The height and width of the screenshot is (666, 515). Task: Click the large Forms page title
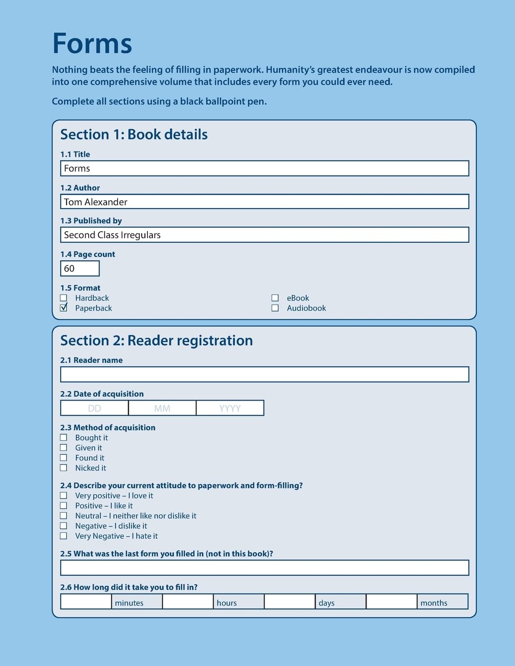click(92, 44)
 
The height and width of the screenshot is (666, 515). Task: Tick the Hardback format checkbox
click(64, 298)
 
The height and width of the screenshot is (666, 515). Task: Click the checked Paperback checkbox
click(64, 308)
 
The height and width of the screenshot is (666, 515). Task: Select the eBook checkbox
click(275, 298)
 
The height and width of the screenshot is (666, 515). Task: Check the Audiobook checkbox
click(275, 308)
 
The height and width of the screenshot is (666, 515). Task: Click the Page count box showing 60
click(80, 268)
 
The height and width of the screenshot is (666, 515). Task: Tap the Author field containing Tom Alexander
click(265, 202)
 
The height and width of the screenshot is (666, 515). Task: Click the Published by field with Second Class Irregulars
click(265, 235)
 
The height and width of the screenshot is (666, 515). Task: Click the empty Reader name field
click(265, 375)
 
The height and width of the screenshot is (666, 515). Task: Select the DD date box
click(95, 408)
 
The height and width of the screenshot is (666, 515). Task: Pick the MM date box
click(162, 408)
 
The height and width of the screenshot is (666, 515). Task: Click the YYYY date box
click(230, 408)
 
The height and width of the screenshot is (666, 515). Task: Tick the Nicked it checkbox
click(64, 468)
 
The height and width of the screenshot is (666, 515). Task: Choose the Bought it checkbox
click(64, 437)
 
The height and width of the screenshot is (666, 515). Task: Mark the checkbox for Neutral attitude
click(64, 516)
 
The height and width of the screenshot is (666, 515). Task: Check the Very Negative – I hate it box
click(64, 536)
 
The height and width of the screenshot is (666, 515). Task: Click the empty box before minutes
click(86, 602)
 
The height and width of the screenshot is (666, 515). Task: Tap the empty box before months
click(392, 602)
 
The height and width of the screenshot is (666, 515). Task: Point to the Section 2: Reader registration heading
click(156, 340)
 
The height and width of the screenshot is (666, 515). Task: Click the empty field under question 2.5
click(265, 568)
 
